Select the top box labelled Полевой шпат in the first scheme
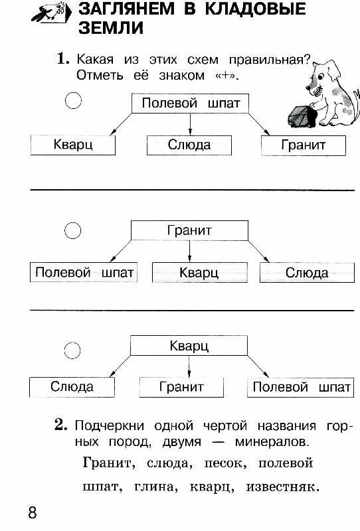tap(190, 104)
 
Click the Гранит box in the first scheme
tap(304, 145)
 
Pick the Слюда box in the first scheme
tap(189, 145)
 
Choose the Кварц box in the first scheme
tap(73, 145)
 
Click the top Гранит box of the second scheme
tap(189, 230)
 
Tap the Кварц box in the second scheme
tap(200, 272)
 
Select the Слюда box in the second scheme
tap(307, 273)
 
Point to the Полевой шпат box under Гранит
tap(84, 272)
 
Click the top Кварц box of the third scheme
tap(189, 345)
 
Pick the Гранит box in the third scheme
tap(181, 387)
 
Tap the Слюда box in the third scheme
tap(72, 387)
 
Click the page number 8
tap(33, 512)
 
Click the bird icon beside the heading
tap(51, 13)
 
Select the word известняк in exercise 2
tap(283, 487)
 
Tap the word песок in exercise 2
tap(225, 463)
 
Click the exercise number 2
tap(61, 425)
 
